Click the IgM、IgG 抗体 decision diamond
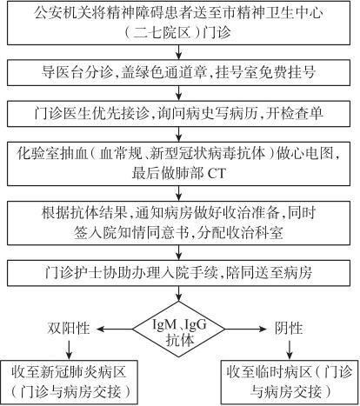click(179, 329)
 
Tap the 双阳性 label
click(69, 329)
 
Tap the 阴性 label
click(289, 329)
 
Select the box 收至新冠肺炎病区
click(69, 383)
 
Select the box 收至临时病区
click(290, 383)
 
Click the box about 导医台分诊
click(178, 72)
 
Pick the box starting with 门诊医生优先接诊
click(178, 114)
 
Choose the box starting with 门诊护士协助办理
click(178, 273)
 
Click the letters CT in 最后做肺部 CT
click(217, 174)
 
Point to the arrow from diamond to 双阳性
click(115, 329)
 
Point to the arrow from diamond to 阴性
click(246, 329)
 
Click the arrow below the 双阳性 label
click(69, 349)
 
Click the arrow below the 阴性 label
click(290, 349)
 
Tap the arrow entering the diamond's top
click(179, 294)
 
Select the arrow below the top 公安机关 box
click(179, 52)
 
